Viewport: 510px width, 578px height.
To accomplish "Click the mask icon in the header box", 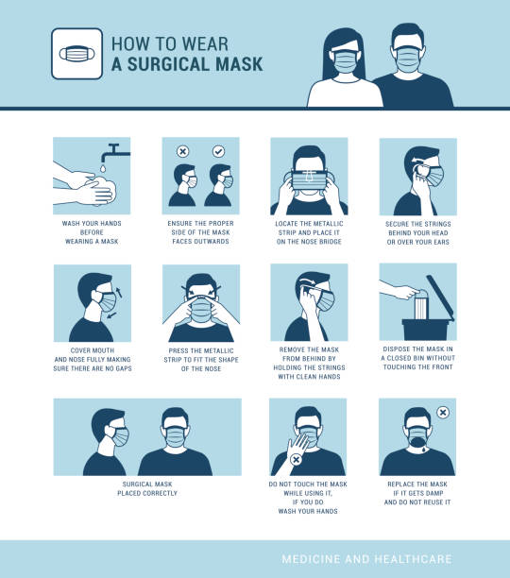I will click(78, 54).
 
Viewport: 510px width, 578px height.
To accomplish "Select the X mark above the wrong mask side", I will click(183, 151).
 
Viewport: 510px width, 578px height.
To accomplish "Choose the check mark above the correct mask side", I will click(219, 151).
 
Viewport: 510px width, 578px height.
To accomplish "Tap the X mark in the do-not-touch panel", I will click(297, 460).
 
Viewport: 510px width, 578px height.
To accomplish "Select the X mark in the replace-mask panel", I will click(443, 413).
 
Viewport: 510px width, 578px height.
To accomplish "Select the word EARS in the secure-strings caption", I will click(448, 241).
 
